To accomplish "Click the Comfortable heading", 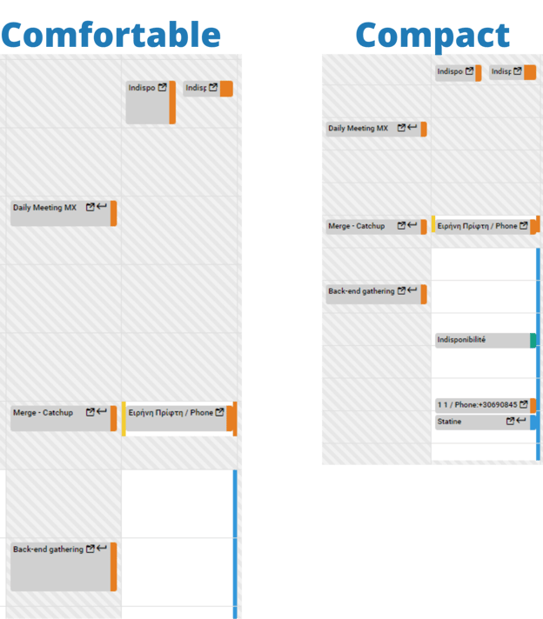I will (111, 34).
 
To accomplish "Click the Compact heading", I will (432, 36).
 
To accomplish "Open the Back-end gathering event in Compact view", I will (360, 291).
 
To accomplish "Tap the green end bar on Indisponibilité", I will (533, 341).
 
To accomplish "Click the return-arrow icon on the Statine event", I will (521, 421).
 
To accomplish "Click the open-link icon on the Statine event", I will (511, 422).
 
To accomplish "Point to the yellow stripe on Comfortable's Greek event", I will (124, 417).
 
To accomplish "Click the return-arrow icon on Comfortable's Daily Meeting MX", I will (102, 207).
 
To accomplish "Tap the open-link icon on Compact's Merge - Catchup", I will (401, 226).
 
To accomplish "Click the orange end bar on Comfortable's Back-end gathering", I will (114, 566).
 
